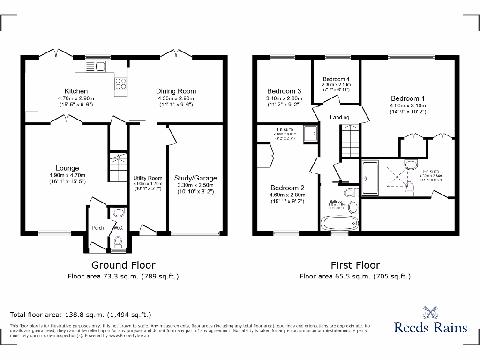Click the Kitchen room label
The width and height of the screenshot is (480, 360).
76,91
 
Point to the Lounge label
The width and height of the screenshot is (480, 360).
67,168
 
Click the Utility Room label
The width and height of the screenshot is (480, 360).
148,178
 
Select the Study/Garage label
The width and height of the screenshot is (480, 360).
195,178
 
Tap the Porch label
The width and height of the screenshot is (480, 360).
98,228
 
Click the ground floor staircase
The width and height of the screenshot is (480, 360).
118,166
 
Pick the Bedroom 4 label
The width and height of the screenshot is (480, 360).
336,79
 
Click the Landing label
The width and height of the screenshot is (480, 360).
339,117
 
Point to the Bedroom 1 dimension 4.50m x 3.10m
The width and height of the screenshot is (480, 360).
408,106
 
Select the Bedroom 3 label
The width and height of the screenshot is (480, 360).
284,91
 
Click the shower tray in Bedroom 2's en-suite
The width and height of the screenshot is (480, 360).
310,133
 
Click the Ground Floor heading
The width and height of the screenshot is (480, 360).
123,265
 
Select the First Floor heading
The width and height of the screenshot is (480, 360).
355,265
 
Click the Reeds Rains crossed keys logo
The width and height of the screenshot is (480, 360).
430,312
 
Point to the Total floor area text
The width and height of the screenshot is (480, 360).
81,315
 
